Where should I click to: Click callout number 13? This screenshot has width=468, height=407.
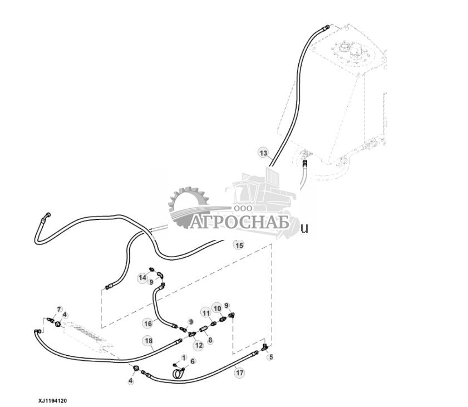tap(263, 153)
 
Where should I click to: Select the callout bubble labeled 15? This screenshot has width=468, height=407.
tap(239, 245)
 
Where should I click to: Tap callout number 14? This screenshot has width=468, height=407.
tap(143, 277)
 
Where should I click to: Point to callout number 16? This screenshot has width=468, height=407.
tap(147, 323)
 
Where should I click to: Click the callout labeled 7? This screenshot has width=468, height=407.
tap(60, 309)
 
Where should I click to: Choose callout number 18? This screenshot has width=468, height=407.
tap(148, 341)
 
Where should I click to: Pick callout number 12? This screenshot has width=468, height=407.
tap(199, 345)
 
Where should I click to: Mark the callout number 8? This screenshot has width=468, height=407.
tap(210, 339)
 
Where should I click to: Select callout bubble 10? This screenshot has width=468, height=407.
tap(217, 308)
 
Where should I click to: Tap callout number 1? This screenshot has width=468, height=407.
tap(184, 357)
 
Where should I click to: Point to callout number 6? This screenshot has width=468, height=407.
tap(193, 361)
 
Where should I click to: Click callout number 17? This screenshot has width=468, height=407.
tap(239, 373)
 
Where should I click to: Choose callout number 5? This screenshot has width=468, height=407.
tap(271, 357)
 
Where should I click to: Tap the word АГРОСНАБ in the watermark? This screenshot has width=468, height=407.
tap(240, 223)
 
